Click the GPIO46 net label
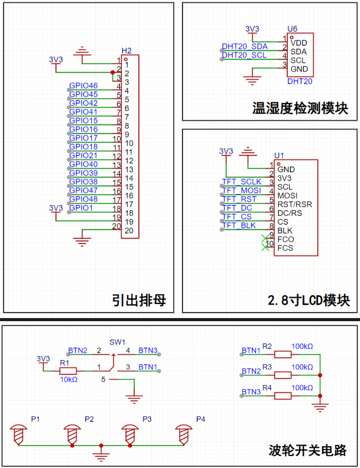pyautogui.click(x=84, y=86)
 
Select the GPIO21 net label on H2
pyautogui.click(x=84, y=156)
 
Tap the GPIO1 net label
pyautogui.click(x=81, y=208)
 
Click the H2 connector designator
pyautogui.click(x=127, y=50)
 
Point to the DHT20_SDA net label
pyautogui.click(x=245, y=47)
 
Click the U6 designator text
pyautogui.click(x=292, y=29)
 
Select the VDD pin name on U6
pyautogui.click(x=299, y=43)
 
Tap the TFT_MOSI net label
pyautogui.click(x=242, y=190)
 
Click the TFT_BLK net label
pyautogui.click(x=239, y=225)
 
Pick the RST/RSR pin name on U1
pyautogui.click(x=295, y=204)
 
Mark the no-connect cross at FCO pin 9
pyautogui.click(x=265, y=239)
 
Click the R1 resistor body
pyautogui.click(x=68, y=371)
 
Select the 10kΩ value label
pyautogui.click(x=69, y=379)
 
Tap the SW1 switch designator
pyautogui.click(x=117, y=342)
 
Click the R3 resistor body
pyautogui.click(x=283, y=375)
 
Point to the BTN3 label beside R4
pyautogui.click(x=251, y=392)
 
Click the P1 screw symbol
pyautogui.click(x=19, y=435)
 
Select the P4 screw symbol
pyautogui.click(x=184, y=435)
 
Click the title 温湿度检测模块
pyautogui.click(x=300, y=108)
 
